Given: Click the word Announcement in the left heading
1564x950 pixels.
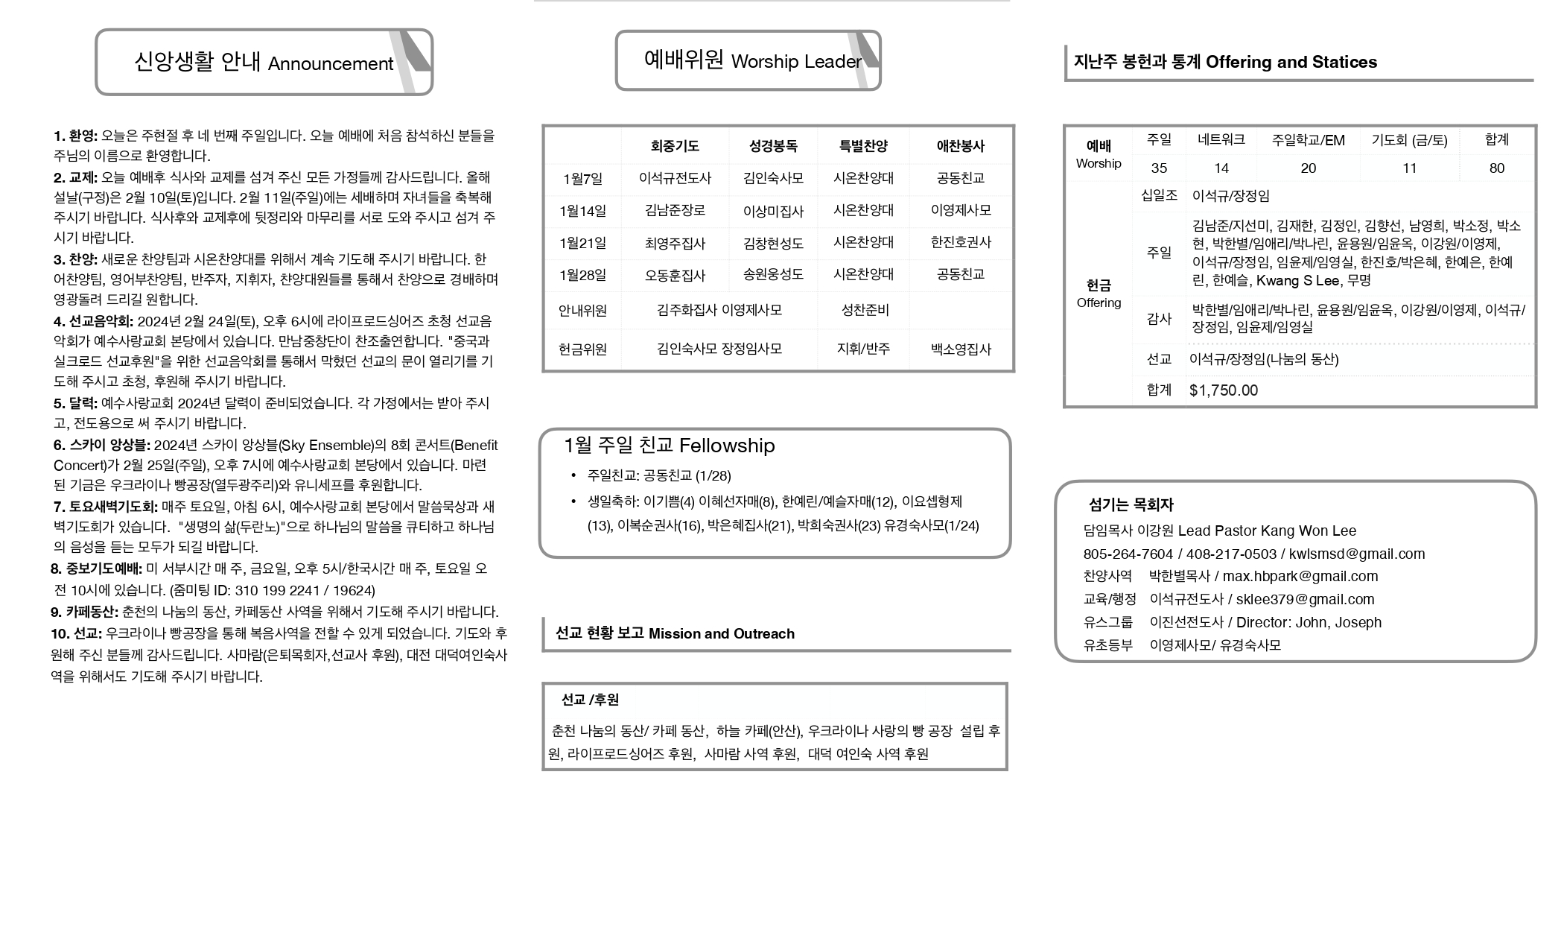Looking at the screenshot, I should (330, 64).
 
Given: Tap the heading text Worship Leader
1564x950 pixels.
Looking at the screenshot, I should (795, 62).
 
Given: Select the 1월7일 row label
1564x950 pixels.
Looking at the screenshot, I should (582, 179).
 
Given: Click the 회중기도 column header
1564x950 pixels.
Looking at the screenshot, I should (675, 146).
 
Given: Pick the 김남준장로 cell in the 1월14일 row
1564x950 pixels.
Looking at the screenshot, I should (675, 211).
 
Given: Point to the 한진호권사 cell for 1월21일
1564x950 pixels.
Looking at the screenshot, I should (961, 243).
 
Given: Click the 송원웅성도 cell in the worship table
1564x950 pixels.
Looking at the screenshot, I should (773, 275).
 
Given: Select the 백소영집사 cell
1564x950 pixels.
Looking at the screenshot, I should (961, 349).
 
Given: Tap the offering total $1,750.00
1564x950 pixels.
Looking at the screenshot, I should (1224, 390).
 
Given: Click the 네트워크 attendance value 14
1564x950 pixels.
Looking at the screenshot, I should (1221, 168).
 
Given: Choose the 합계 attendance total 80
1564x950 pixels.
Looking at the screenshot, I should (1496, 168).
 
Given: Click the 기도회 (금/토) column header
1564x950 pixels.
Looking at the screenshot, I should (1409, 140).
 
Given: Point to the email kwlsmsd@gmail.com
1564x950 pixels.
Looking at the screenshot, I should (1356, 554).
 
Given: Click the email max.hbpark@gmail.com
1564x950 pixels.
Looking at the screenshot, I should (1300, 577).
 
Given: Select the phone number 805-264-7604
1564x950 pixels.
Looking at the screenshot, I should (1128, 554).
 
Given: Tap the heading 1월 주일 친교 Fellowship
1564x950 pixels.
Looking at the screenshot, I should (669, 446).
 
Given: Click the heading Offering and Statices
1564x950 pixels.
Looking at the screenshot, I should (1291, 63).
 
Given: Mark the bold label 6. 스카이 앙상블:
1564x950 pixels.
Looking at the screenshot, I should (102, 446).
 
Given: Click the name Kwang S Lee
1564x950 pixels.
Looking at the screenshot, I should (1297, 281).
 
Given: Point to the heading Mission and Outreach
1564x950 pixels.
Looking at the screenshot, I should (721, 634).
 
